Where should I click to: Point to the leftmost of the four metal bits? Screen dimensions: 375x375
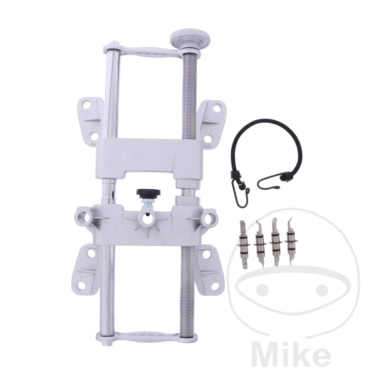pos(244,245)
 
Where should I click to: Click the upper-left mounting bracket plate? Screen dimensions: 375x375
pos(90,120)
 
